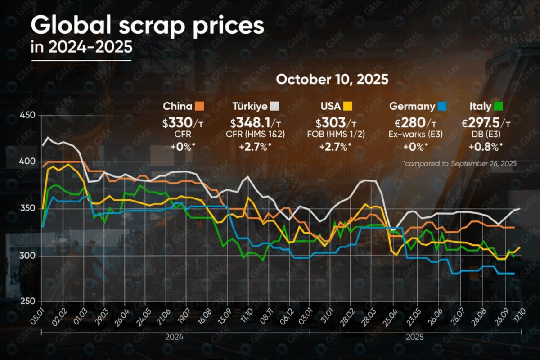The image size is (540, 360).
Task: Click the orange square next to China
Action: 199,107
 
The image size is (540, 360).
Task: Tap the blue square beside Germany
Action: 442,107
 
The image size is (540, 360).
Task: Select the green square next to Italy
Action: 498,107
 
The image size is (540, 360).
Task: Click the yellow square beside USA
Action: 347,107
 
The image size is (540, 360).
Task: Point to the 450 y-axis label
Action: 28,115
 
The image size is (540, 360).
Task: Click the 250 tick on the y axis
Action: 28,302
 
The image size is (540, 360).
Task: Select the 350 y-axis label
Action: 28,209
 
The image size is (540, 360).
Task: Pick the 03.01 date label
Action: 306,315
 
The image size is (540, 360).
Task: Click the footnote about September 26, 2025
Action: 460,163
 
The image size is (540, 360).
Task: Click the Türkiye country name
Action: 250,107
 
